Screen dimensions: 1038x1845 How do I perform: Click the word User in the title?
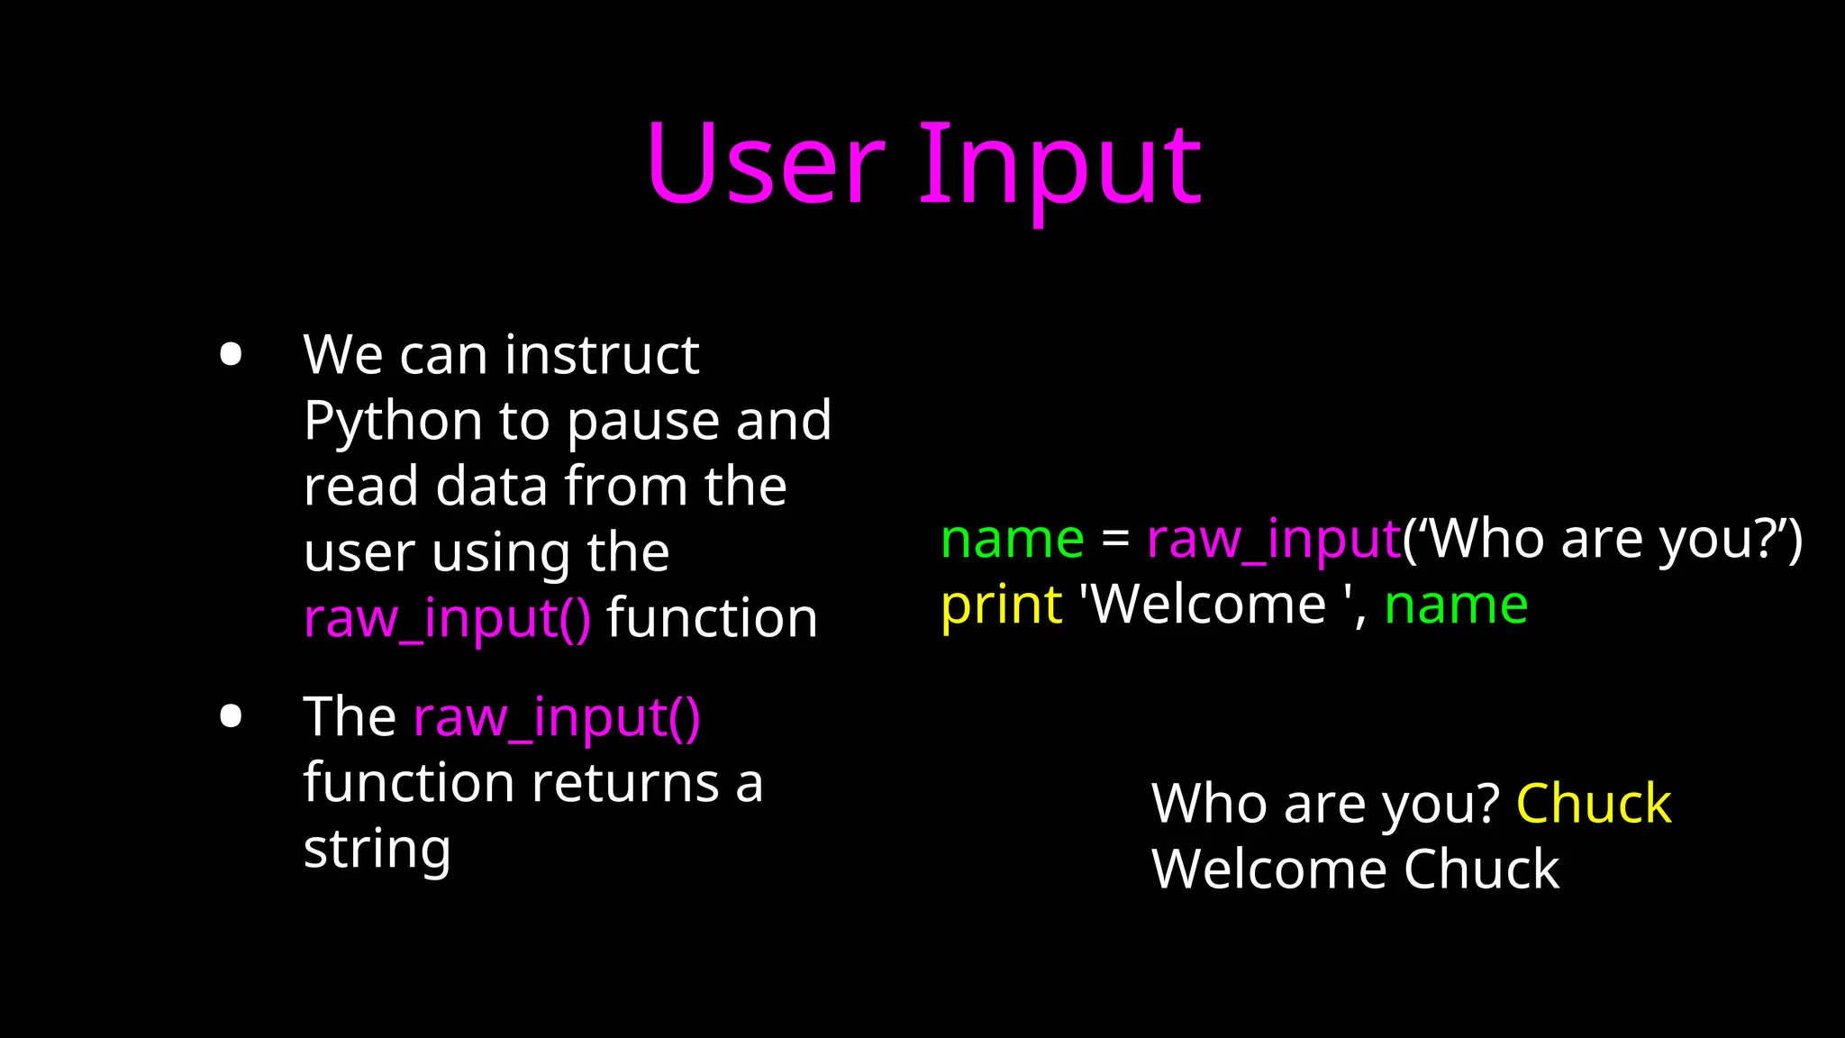pos(766,164)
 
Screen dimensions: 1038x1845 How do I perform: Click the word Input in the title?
pos(1059,167)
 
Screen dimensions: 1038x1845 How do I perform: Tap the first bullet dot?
pos(231,354)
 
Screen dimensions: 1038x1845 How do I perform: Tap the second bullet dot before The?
pos(231,716)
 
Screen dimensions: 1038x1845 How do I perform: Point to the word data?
pos(492,487)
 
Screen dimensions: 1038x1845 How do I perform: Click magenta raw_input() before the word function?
pos(448,619)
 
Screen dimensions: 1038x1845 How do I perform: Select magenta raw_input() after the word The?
pos(557,718)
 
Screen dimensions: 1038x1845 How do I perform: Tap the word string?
pos(377,849)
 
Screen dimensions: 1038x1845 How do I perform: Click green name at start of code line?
pos(1012,540)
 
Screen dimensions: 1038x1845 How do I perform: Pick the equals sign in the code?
pos(1115,540)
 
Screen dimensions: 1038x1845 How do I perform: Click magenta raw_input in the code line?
pos(1274,541)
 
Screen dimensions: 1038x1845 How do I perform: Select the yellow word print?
pos(1001,605)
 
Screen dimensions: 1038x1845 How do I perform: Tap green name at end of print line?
pos(1456,605)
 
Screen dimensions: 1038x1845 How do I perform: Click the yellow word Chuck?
pos(1593,804)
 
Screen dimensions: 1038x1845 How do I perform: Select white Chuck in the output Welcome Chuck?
pos(1481,870)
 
